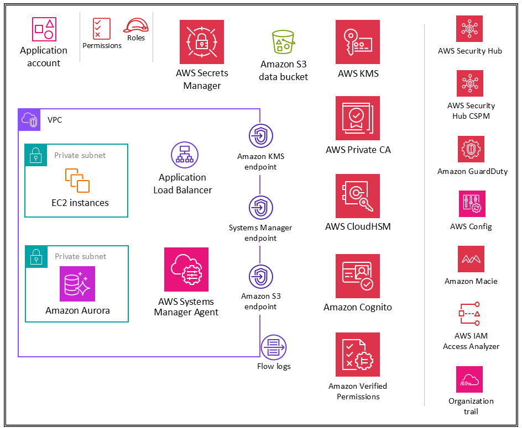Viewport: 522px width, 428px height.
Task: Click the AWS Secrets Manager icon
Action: [201, 42]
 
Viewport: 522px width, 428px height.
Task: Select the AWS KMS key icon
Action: [358, 42]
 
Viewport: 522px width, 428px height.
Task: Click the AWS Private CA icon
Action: [358, 118]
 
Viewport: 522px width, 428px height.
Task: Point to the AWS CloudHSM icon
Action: [358, 196]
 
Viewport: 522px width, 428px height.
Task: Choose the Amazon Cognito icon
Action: [358, 276]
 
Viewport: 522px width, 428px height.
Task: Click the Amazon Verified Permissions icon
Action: [358, 355]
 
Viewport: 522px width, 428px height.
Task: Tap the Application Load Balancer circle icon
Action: [184, 155]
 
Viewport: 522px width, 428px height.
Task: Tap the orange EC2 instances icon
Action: [77, 181]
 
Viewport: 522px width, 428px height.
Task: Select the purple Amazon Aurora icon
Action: [77, 284]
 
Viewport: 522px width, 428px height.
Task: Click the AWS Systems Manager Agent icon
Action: [186, 270]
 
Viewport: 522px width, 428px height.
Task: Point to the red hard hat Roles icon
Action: [135, 25]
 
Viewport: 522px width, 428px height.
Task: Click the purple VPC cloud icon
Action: [30, 119]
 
